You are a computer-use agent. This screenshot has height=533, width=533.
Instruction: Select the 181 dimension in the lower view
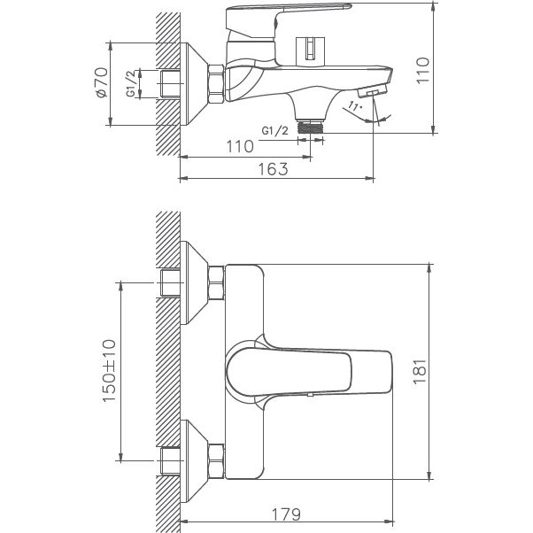pos(421,370)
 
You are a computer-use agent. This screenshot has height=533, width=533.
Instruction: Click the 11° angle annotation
pos(354,108)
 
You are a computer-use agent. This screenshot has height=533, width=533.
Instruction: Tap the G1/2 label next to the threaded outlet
pos(275,131)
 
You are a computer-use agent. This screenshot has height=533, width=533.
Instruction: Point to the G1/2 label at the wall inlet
pos(131,84)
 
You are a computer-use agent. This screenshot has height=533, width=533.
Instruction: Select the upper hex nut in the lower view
pos(215,283)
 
